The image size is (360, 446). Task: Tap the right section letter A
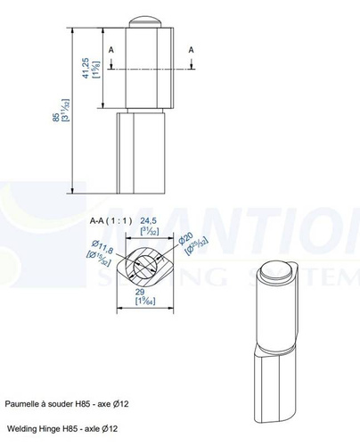tap(191, 51)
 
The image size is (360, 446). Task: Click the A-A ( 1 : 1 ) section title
tap(110, 219)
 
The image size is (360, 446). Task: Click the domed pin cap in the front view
tap(143, 20)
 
